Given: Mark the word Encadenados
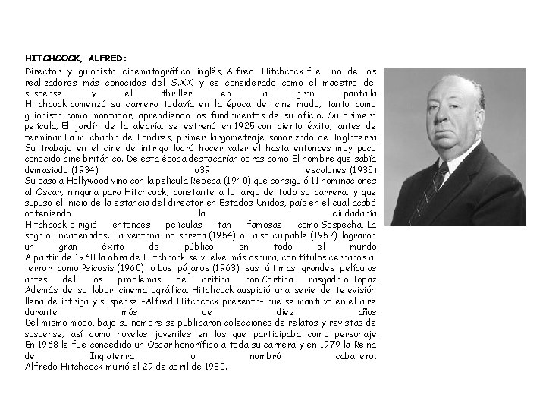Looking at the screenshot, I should tap(82, 236).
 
